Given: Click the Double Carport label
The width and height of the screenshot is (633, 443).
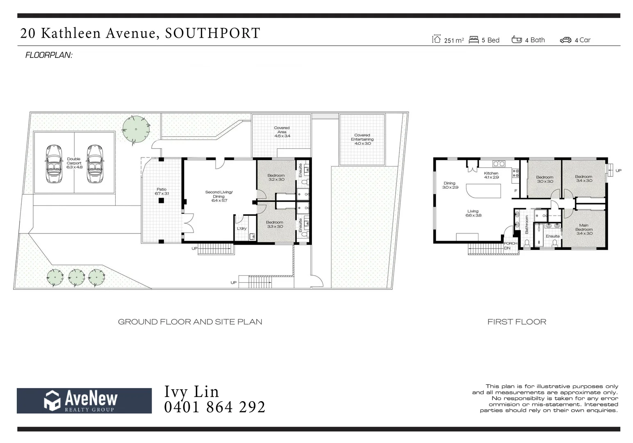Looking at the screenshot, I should click(74, 163).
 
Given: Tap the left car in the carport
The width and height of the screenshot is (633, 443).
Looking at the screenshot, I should click(53, 164).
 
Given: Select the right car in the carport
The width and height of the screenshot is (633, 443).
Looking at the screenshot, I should click(95, 164).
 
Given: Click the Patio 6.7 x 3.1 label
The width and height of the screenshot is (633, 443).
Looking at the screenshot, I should click(162, 192).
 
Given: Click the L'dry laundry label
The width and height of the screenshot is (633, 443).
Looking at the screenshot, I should click(241, 228).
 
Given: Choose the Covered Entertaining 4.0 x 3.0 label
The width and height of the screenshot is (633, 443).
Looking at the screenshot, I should click(362, 139).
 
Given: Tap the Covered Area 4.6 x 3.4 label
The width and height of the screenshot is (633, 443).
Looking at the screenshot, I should click(282, 132).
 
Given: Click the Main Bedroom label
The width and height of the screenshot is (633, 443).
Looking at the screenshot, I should click(584, 229).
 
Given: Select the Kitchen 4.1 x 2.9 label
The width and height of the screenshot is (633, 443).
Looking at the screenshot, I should click(491, 175).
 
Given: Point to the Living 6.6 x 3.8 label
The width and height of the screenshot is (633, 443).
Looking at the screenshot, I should click(473, 213).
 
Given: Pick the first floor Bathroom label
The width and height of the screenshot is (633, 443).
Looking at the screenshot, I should click(527, 225).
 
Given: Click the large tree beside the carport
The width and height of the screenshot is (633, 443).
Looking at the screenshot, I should click(136, 130).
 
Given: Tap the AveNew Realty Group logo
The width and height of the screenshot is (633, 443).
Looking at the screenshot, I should click(84, 401).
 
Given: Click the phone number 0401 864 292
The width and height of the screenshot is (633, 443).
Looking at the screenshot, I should click(214, 407).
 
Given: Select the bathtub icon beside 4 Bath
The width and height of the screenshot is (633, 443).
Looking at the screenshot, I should click(517, 40).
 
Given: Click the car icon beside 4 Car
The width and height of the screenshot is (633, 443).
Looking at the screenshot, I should click(565, 40).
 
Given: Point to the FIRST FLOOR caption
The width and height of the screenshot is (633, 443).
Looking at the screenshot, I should click(517, 322).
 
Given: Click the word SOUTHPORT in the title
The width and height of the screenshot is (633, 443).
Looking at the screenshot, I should click(212, 33).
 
